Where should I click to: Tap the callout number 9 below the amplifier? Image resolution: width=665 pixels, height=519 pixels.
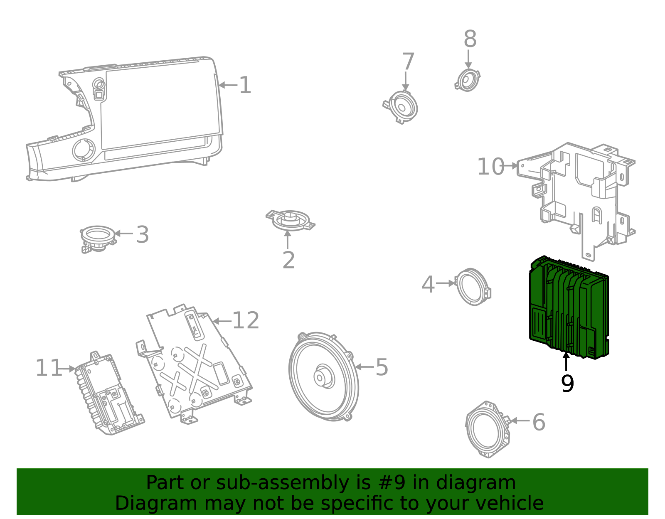point(567,384)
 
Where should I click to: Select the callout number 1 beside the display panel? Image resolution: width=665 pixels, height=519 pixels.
point(245,85)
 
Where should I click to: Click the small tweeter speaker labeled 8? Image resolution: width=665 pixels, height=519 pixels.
point(468,80)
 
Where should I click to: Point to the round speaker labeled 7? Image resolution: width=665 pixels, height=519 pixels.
point(402,107)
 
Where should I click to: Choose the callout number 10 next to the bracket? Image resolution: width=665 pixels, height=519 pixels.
point(490,167)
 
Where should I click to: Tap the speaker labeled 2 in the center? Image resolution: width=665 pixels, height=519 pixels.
point(290,219)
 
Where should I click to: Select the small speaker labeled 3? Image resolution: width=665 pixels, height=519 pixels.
point(98,238)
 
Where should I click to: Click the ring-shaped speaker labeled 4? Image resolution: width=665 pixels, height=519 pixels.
point(473,287)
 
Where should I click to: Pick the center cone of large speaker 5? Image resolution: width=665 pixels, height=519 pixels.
point(321,377)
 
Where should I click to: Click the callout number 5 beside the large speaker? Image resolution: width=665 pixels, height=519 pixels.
point(382,367)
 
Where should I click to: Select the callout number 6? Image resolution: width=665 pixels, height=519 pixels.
point(539,422)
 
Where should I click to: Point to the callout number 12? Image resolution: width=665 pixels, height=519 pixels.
point(246,321)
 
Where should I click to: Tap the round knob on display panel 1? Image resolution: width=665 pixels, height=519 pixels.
point(84,150)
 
